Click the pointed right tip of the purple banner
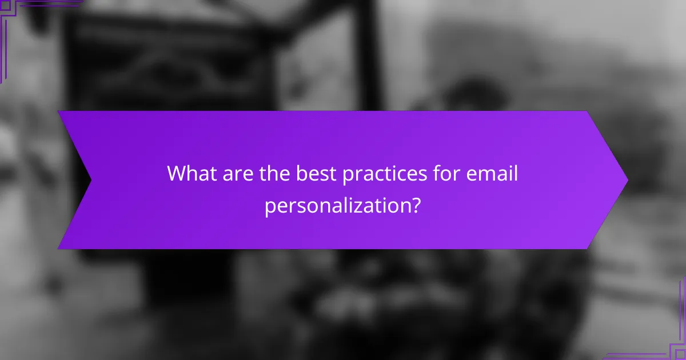627,180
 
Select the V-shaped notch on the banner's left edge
90,180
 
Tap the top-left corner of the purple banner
59,112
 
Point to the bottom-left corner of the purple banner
59,248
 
